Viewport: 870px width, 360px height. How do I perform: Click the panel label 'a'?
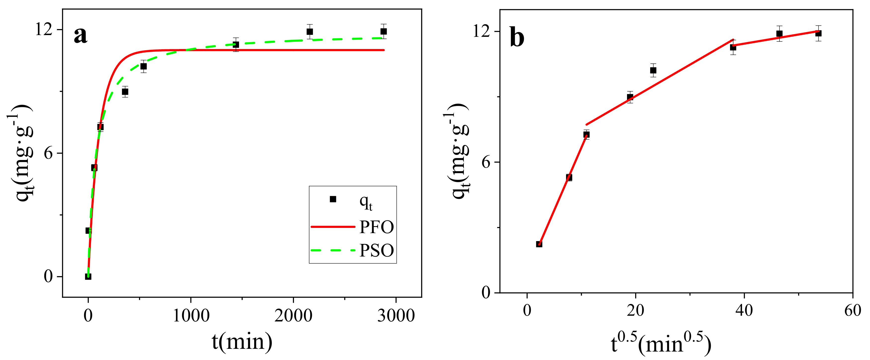click(80, 35)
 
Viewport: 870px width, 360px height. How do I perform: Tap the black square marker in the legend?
click(333, 199)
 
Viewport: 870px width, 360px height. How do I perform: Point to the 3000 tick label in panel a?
click(395, 316)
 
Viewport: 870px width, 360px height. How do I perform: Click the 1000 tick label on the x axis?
click(191, 316)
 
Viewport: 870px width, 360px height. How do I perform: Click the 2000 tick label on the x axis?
click(293, 316)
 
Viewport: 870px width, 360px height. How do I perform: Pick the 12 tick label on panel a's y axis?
click(44, 29)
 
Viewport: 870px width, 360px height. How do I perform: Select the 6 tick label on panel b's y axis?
click(486, 162)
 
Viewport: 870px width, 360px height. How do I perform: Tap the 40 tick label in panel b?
click(744, 310)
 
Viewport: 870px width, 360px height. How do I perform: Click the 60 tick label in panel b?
click(852, 310)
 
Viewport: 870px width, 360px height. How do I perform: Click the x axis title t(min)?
click(242, 342)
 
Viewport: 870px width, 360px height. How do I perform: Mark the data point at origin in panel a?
click(88, 276)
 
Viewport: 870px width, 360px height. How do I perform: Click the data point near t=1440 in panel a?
click(236, 45)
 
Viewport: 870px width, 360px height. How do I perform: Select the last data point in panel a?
click(383, 31)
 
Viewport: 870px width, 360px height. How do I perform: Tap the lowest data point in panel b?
click(539, 244)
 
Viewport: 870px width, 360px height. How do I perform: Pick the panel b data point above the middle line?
click(653, 70)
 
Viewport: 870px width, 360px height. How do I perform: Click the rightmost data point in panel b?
click(818, 33)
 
